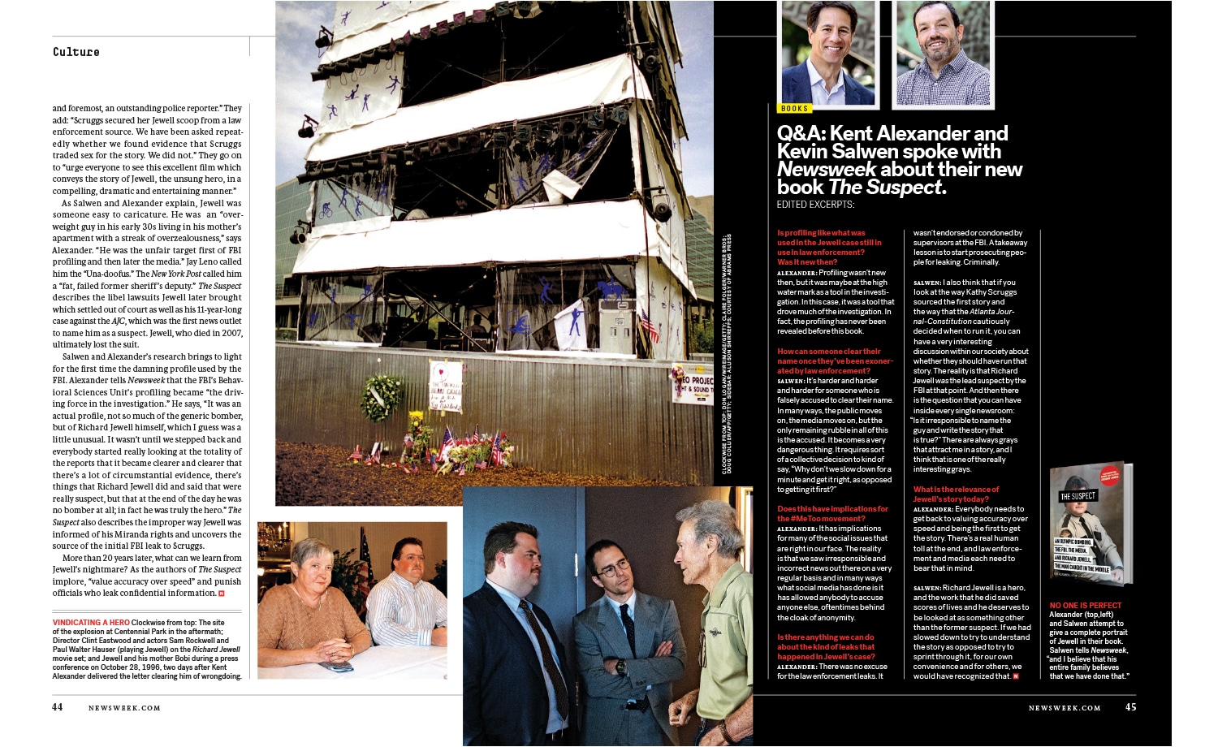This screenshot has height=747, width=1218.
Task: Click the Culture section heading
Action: [76, 52]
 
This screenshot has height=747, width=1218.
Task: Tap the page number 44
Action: [58, 707]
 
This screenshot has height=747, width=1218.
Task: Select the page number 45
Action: [1130, 707]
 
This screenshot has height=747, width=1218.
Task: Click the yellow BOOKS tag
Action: [794, 108]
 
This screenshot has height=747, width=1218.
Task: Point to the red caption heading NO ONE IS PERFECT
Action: [1085, 606]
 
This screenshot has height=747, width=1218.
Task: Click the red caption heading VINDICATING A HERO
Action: [91, 623]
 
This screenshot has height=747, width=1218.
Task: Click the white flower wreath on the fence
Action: [382, 396]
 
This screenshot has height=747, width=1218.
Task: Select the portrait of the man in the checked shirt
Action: [942, 55]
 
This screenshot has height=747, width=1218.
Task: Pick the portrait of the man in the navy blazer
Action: [828, 55]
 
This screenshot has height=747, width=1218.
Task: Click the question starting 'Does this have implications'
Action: [832, 514]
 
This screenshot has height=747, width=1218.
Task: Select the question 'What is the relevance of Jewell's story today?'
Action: [956, 494]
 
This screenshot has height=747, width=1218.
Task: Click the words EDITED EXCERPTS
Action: [815, 205]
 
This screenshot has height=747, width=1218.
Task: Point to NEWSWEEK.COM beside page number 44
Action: [124, 708]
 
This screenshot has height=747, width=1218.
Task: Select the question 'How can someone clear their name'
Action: [834, 361]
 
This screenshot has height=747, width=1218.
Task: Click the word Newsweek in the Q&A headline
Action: [826, 170]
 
